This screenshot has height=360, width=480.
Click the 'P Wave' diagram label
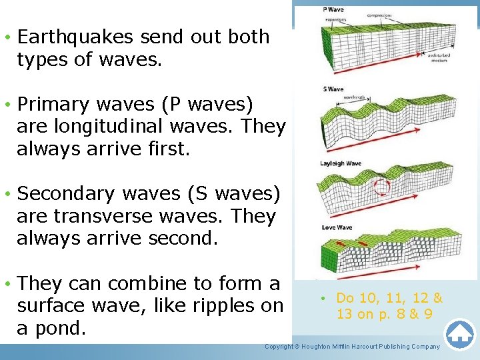333,10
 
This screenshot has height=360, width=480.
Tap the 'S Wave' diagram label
333,89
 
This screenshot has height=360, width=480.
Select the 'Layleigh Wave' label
341,163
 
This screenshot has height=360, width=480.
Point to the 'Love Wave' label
336,228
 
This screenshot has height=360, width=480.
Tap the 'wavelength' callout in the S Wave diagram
353,97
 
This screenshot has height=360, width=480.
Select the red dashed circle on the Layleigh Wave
381,187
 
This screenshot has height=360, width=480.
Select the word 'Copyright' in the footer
279,347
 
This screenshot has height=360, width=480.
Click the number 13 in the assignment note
345,314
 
